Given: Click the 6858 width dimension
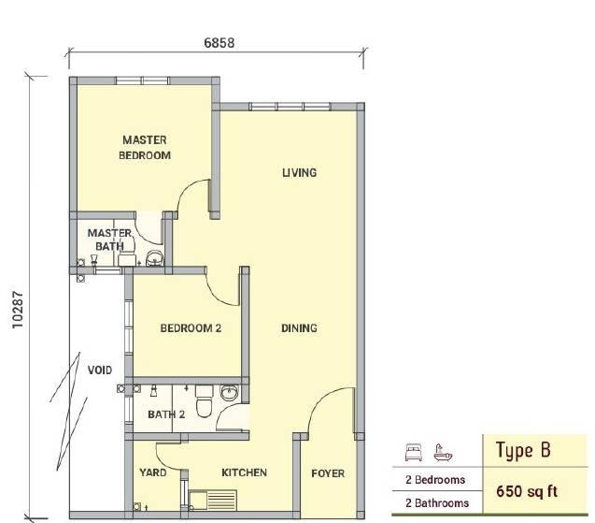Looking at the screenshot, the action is click(219, 43).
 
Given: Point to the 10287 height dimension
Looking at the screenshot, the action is click(18, 310).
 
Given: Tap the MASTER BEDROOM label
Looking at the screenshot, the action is click(145, 148).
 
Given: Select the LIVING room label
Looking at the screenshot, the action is click(299, 172).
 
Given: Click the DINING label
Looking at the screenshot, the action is click(299, 328).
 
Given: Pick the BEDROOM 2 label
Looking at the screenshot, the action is click(191, 328).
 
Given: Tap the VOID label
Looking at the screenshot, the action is click(100, 370).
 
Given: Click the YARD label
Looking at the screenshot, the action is click(152, 472).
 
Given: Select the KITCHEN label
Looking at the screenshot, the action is click(244, 472).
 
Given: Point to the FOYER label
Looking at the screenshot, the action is click(328, 473).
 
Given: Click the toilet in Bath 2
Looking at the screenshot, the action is click(205, 400).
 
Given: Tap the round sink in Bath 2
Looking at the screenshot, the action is click(230, 392).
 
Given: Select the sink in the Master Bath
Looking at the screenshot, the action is click(154, 257).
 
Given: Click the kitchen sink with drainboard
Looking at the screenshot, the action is click(213, 500).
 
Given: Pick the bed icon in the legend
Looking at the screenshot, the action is click(414, 452).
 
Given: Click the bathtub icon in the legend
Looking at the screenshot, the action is click(443, 452).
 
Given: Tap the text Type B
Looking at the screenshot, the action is click(523, 450).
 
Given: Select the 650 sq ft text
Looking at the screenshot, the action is click(527, 491).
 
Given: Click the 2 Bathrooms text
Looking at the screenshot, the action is click(437, 502).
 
